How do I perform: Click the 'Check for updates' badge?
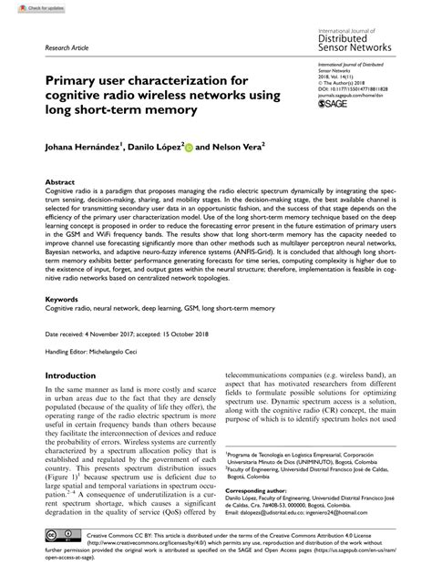click(x=26, y=7)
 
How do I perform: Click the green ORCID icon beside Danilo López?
click(x=190, y=145)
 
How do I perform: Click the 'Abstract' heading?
click(x=60, y=181)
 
